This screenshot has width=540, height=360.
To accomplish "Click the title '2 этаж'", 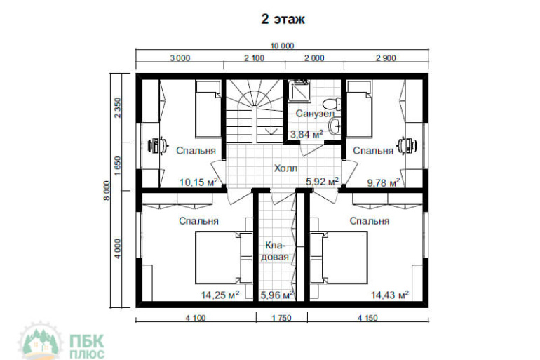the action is click(x=283, y=19).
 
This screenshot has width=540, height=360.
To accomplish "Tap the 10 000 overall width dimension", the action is click(x=282, y=46).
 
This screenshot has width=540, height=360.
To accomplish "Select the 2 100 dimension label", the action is click(x=254, y=58).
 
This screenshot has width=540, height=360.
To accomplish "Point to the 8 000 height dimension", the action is click(x=107, y=190).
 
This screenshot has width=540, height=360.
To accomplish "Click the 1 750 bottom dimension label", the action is click(x=281, y=318).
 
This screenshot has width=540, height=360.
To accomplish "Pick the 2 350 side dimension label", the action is click(x=118, y=108).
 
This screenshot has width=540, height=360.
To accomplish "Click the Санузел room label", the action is click(x=315, y=114).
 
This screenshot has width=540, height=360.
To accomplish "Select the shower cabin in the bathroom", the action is click(x=299, y=91).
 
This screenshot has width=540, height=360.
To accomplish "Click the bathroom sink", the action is click(x=335, y=126).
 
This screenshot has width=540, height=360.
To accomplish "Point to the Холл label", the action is click(x=285, y=168).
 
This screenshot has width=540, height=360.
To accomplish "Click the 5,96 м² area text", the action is click(x=277, y=295).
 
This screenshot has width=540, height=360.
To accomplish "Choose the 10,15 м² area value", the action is click(x=198, y=182).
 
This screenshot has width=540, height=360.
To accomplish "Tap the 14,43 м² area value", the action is click(x=390, y=295).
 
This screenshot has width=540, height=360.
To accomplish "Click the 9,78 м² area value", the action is click(x=384, y=182).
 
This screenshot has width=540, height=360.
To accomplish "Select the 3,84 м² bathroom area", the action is click(x=306, y=133).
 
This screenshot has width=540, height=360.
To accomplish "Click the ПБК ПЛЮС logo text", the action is click(x=87, y=347).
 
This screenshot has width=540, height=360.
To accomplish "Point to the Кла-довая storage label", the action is click(x=275, y=251).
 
